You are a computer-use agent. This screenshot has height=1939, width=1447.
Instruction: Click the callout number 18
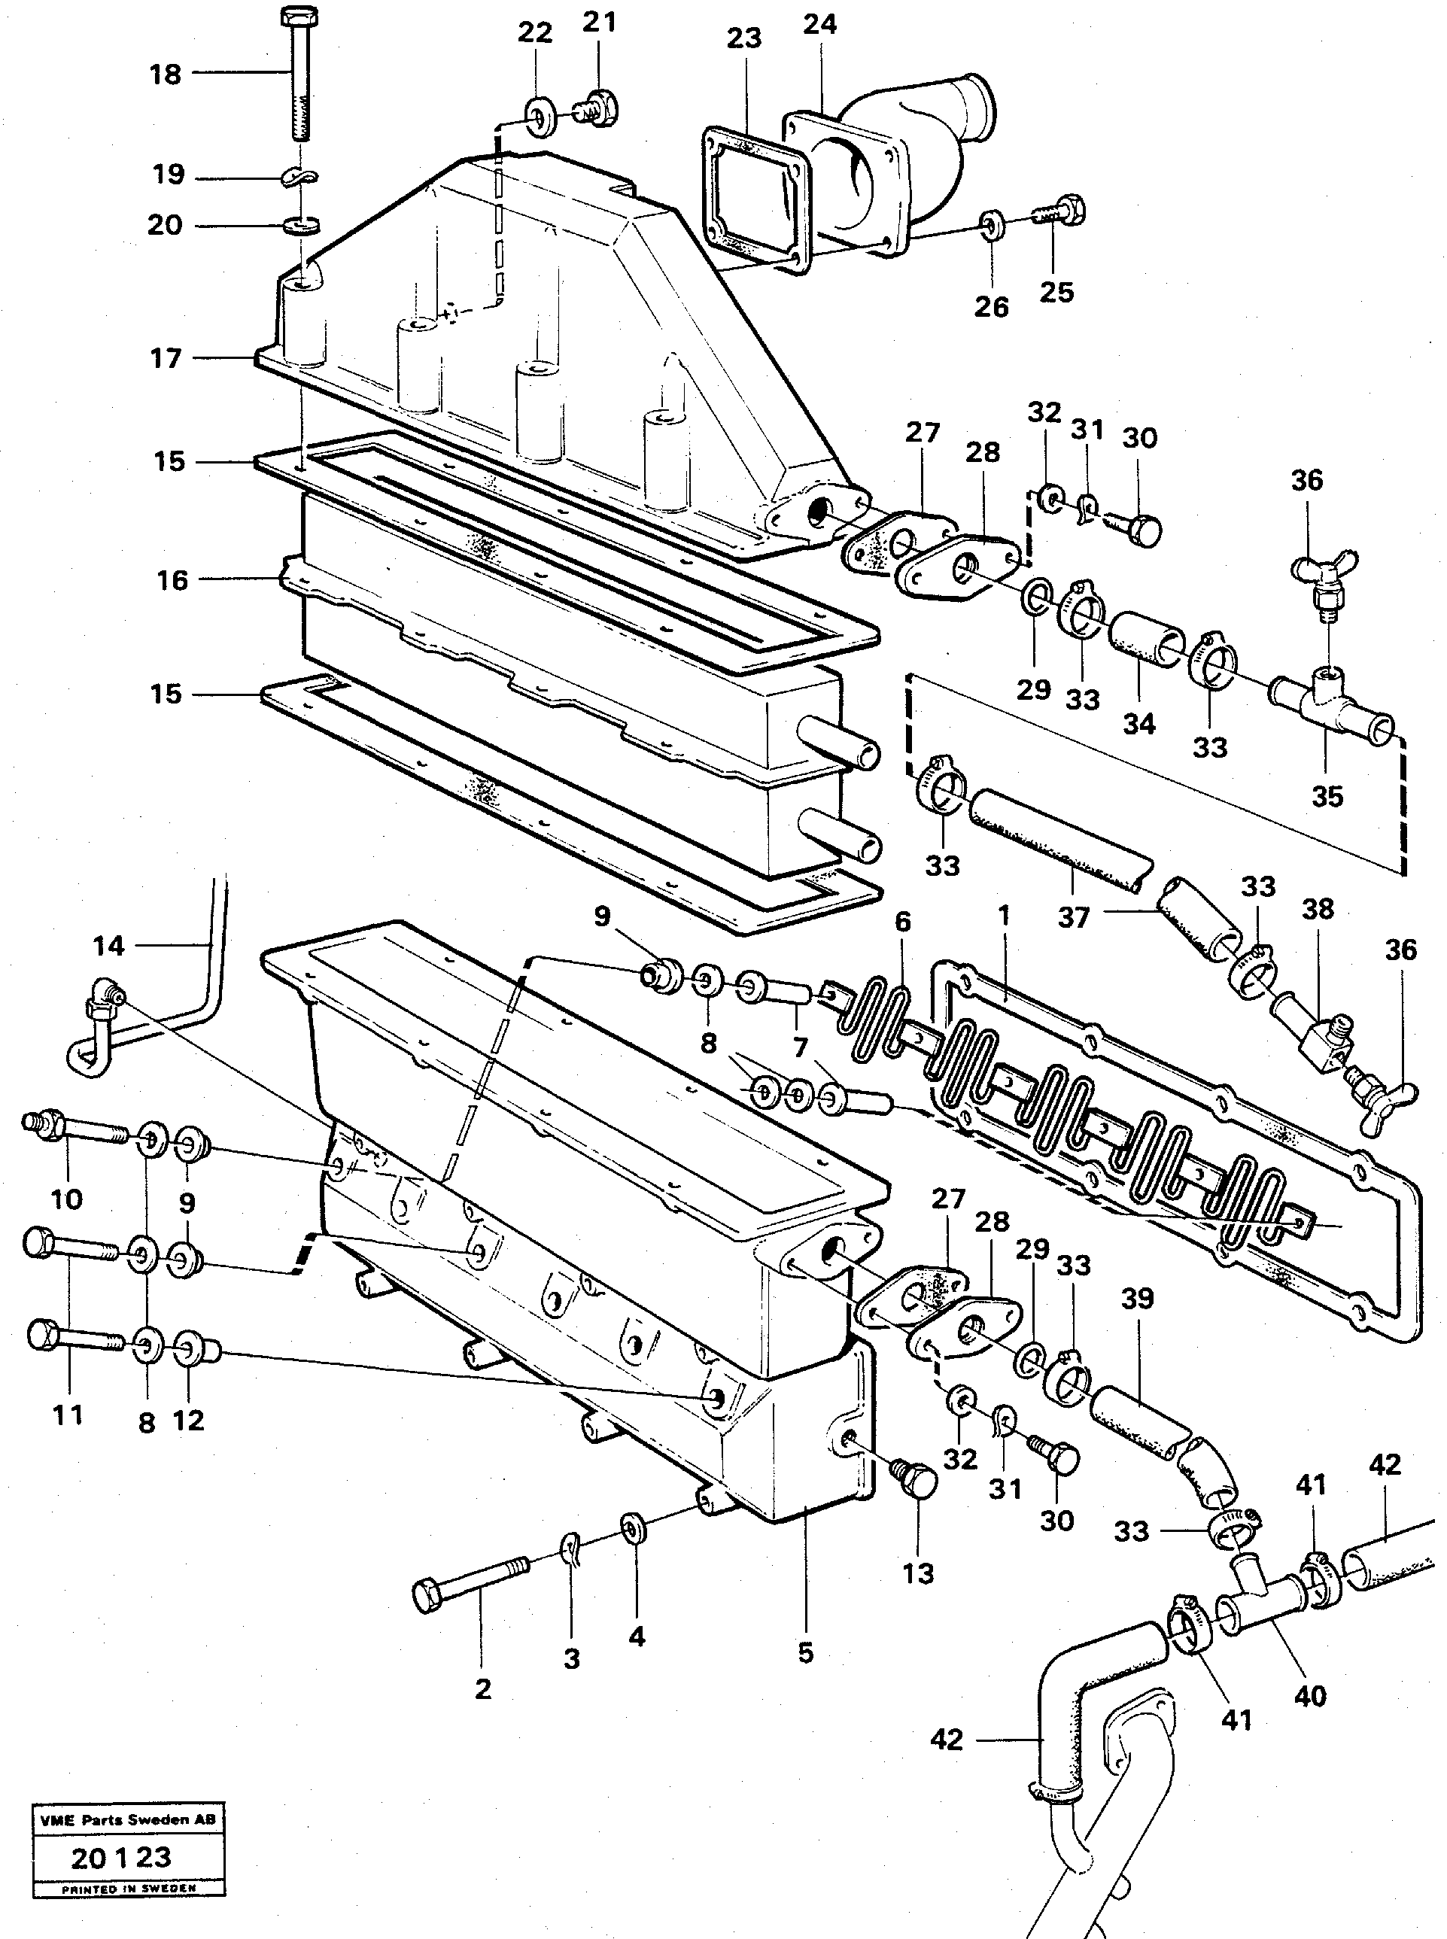click(x=165, y=74)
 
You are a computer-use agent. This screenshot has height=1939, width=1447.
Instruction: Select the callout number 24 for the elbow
click(x=820, y=25)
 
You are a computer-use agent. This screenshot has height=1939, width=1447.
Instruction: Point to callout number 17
click(x=166, y=358)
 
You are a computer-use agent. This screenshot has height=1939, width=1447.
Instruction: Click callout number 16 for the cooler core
click(x=172, y=580)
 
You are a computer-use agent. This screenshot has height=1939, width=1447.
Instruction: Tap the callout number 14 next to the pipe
click(x=108, y=946)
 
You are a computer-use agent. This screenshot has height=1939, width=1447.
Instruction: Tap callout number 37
click(x=1073, y=918)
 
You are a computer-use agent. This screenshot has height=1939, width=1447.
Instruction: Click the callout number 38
click(x=1318, y=909)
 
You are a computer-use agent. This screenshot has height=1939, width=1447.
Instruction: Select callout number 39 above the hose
click(x=1137, y=1299)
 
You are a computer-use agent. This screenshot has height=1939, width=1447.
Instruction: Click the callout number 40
click(x=1310, y=1697)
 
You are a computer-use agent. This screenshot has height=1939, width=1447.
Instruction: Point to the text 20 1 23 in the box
click(x=122, y=1858)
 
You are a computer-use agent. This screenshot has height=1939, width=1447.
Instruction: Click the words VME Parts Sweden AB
click(x=127, y=1820)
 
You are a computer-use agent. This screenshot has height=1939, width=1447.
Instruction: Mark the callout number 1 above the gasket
click(x=1004, y=915)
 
